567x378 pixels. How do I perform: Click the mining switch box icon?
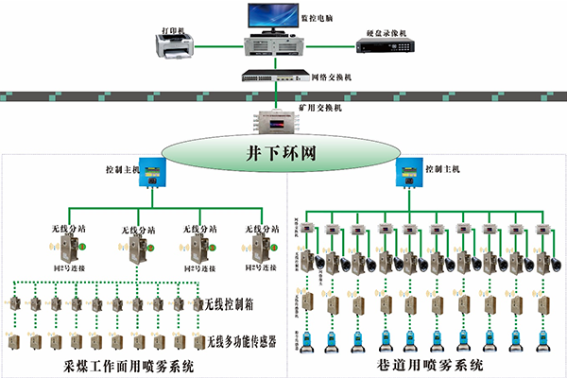point(275,124)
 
